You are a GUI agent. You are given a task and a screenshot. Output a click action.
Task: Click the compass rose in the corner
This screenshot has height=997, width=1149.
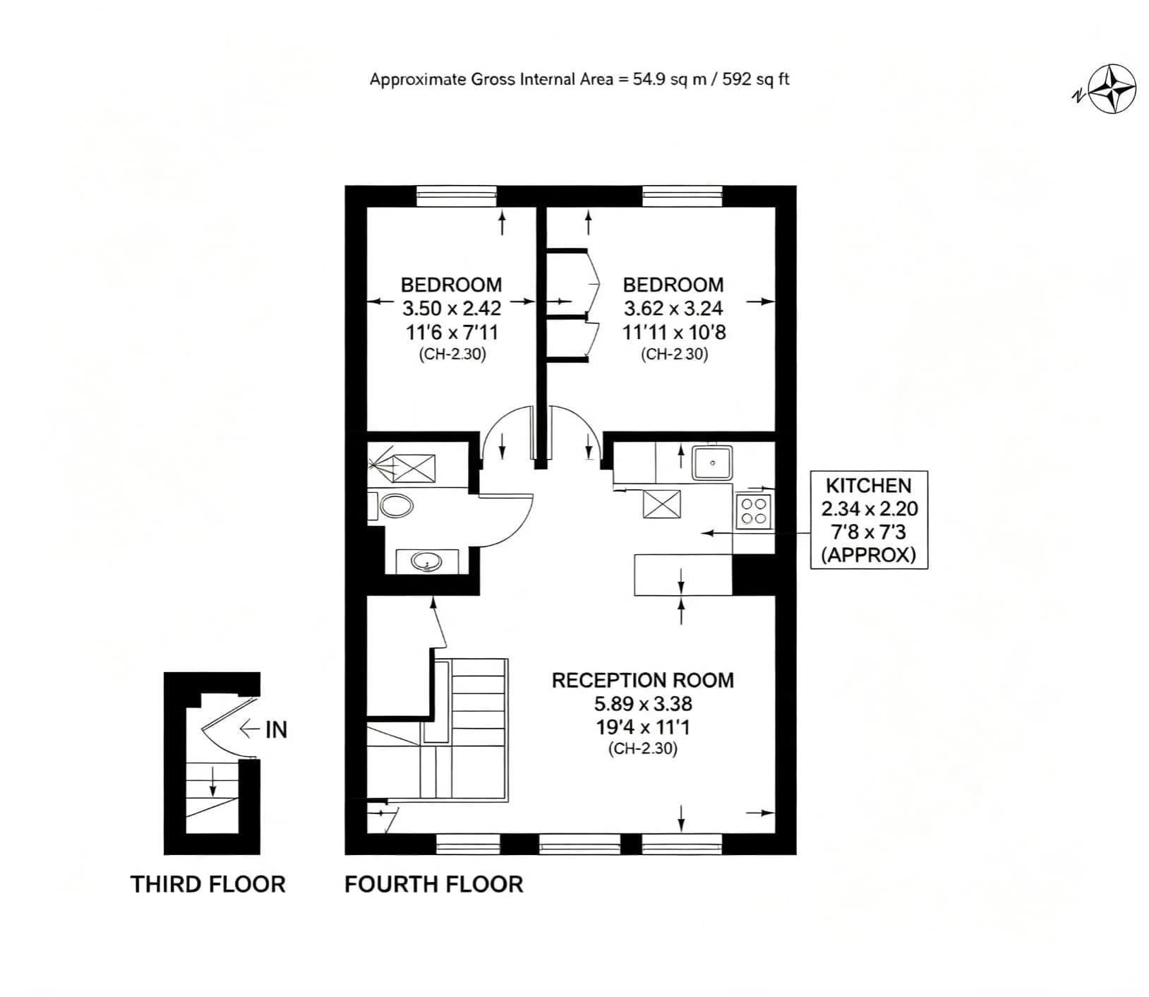coord(1112,89)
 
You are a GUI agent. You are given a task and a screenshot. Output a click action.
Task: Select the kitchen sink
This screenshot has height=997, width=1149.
coord(712,462)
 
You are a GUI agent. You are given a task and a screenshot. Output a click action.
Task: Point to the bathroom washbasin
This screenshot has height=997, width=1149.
coord(427,562)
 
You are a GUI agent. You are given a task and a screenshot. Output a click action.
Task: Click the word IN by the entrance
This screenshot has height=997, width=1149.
coord(276,729)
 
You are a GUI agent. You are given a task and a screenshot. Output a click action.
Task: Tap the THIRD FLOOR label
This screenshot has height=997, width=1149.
coord(208,884)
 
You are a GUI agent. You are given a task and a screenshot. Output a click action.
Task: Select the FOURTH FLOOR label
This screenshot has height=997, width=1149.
coord(434,884)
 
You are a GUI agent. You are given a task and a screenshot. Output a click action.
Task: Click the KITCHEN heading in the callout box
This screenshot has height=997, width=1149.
coord(869,485)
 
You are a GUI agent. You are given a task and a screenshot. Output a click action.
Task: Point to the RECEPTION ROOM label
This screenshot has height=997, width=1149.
coord(643,680)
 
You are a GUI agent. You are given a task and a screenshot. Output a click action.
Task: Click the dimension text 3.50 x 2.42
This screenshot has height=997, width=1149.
coord(452,308)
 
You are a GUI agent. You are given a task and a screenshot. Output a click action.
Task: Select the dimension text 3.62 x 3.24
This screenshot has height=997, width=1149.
coord(673,308)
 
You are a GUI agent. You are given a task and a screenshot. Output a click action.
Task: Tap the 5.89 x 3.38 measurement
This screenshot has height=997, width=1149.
coord(643,703)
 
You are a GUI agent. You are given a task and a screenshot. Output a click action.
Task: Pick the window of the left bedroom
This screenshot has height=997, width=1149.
coord(457,196)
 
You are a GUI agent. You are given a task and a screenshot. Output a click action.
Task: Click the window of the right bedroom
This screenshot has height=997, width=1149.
coord(682,196)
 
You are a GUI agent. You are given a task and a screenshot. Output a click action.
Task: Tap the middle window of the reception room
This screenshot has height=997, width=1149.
coord(580,844)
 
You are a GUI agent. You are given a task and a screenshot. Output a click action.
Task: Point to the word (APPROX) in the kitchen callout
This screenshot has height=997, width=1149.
coord(869,555)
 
